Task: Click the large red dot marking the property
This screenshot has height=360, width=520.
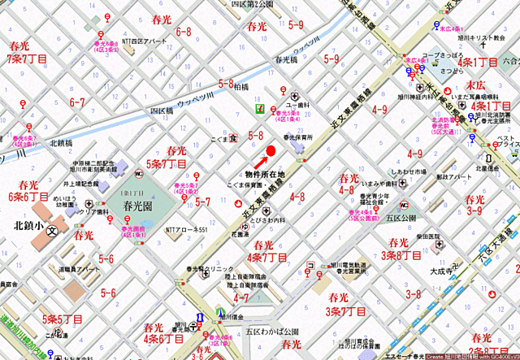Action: (x=271, y=150)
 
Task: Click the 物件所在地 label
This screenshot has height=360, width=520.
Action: (x=265, y=175)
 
